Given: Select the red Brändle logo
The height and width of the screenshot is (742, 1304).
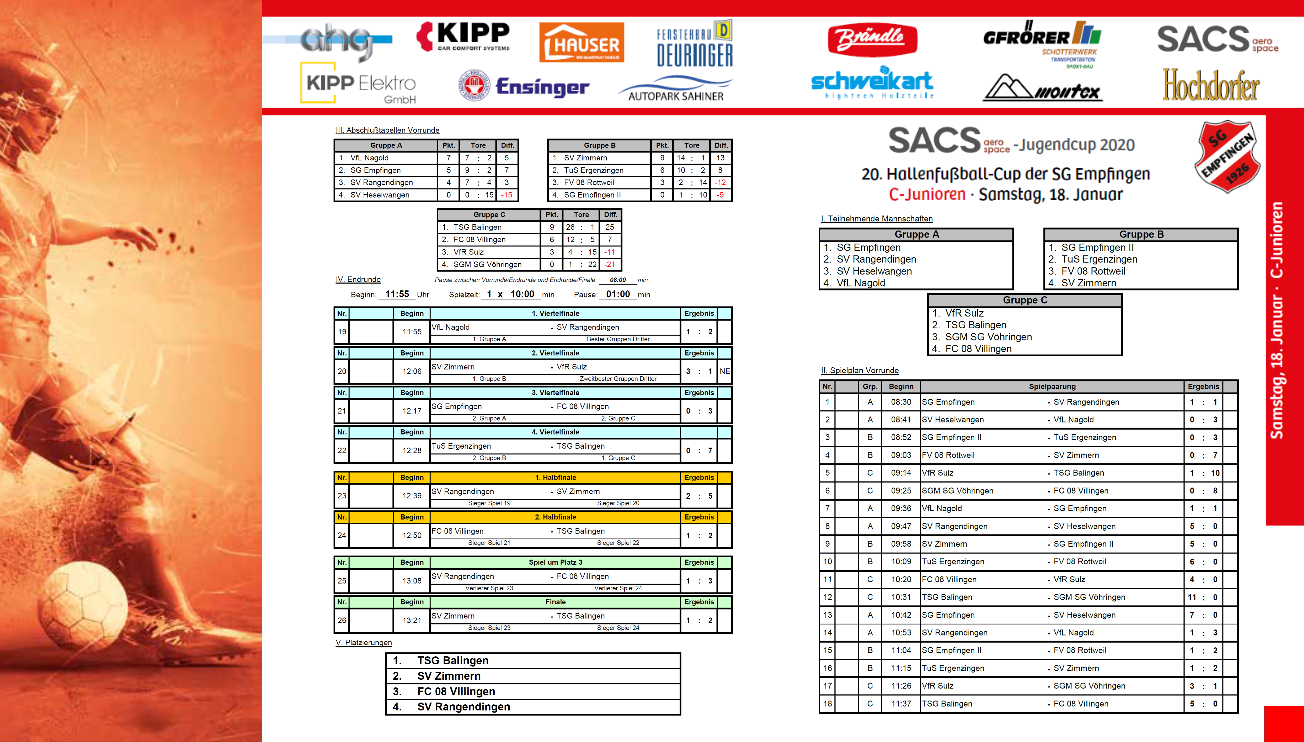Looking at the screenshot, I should point(872,39).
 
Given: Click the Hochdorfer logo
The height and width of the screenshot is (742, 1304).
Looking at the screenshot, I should point(1211,85).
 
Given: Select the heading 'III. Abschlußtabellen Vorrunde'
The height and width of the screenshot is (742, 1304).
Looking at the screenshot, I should point(387,130).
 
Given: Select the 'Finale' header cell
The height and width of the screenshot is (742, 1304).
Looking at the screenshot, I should point(555,602).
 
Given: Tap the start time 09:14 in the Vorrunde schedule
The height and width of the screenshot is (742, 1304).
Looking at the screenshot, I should point(901,473).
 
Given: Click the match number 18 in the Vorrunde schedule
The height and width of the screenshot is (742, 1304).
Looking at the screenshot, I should point(827,704).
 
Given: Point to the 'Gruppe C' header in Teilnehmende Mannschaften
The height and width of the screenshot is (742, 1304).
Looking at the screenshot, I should point(1025,300).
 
